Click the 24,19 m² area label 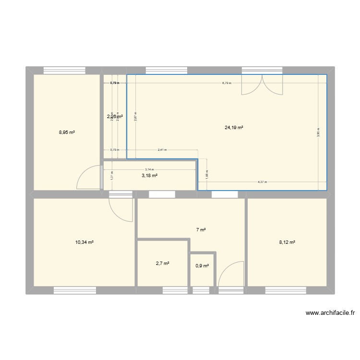234,128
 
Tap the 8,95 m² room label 67,132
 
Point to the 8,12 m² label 287,242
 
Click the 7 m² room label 201,230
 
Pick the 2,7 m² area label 162,263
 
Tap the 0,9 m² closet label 202,265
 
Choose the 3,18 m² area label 149,176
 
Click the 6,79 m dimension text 227,83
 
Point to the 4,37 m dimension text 262,182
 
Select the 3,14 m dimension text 150,169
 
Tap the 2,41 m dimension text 162,150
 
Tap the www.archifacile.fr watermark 330,313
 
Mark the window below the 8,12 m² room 286,290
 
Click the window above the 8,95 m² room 64,71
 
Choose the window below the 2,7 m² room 175,290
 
